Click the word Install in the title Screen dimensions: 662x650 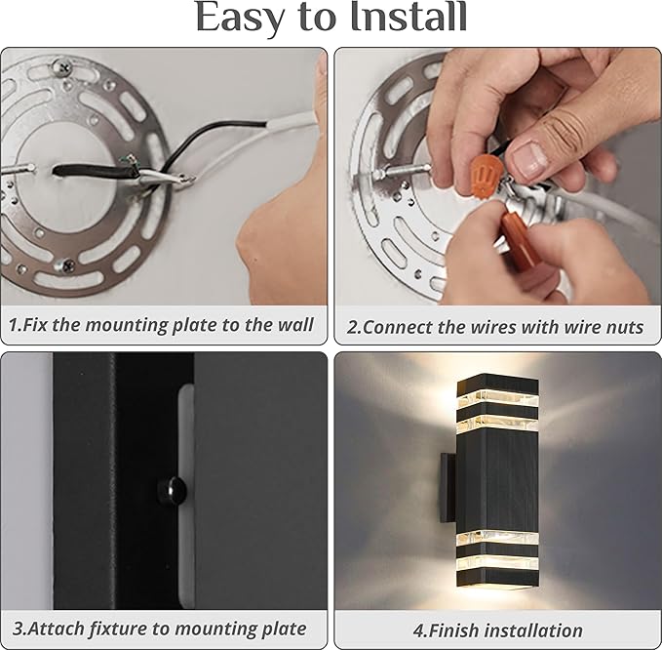[x=409, y=18]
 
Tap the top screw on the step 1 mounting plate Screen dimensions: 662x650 [x=62, y=66]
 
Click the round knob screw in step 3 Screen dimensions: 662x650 [x=173, y=490]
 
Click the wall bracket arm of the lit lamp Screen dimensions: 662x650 [x=448, y=487]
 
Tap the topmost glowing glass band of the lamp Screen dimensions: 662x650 [x=497, y=397]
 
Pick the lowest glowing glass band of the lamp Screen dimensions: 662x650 [x=497, y=563]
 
